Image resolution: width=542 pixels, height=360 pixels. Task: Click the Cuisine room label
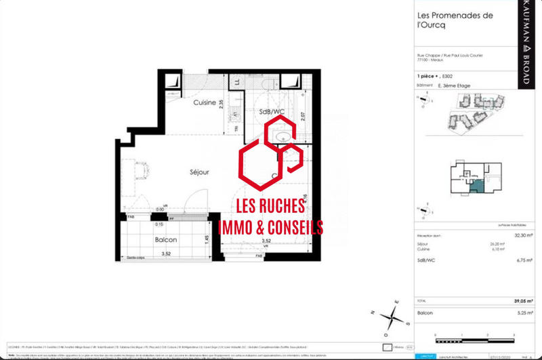pos(205,102)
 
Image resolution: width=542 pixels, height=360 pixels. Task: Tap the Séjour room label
pos(180,172)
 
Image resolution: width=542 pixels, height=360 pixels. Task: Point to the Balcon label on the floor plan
pos(166,240)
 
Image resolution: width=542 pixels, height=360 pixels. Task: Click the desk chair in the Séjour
pos(142,169)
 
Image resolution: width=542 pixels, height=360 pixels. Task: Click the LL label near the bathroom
pos(237,83)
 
